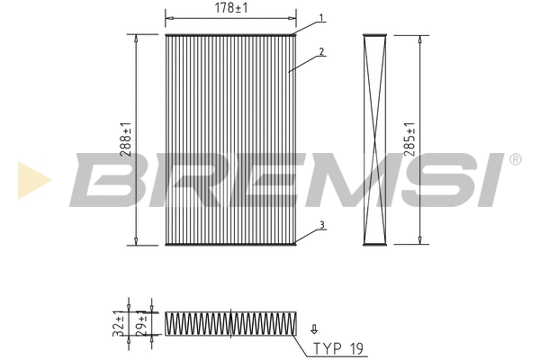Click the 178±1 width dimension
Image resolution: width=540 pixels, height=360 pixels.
point(230,9)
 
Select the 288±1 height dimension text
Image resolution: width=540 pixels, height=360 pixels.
point(128,140)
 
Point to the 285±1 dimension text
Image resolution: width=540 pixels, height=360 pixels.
point(411,140)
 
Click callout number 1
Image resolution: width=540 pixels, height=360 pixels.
point(321,18)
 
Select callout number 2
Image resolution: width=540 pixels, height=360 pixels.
point(321,52)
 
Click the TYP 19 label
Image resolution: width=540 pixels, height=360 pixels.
point(339,347)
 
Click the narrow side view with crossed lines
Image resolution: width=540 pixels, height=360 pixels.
point(374,140)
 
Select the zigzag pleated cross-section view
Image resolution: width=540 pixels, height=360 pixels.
point(230,323)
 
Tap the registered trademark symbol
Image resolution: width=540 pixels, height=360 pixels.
point(515,159)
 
